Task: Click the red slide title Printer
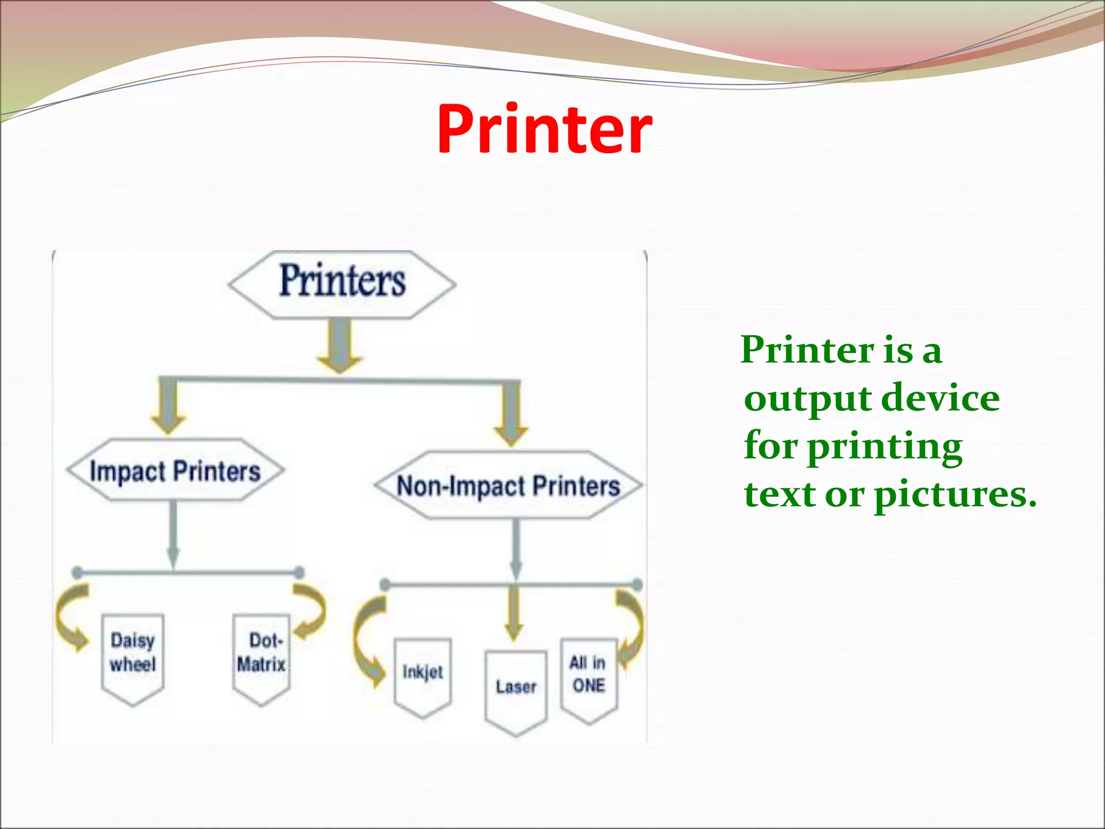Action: (544, 130)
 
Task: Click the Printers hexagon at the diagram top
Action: (342, 284)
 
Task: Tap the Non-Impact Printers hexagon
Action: (508, 485)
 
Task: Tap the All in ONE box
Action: (589, 678)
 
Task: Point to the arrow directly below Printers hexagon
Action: (339, 345)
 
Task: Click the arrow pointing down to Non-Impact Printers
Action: (511, 413)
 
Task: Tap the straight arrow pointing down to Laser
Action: (514, 613)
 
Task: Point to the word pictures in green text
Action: (955, 495)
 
